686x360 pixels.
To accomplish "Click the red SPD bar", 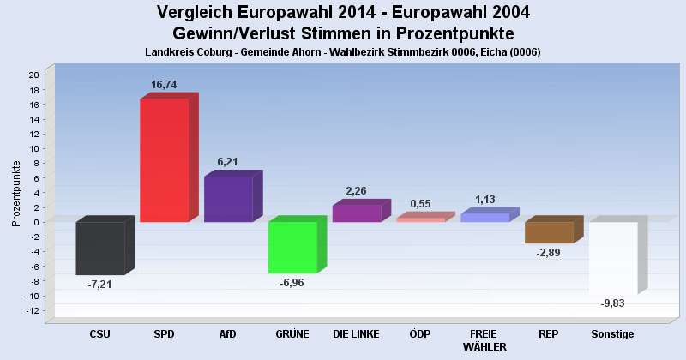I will pos(164,160).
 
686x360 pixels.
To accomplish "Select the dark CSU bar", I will pos(100,248).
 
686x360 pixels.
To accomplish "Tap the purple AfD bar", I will pos(227,199).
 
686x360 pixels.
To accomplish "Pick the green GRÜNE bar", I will pos(292,247).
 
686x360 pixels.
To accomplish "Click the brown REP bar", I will pos(549,232).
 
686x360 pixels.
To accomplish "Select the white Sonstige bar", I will pos(612,258).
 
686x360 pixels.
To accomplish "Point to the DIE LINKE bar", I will pos(356,213).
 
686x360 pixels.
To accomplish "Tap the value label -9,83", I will pos(613,303).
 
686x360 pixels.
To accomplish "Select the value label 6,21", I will pos(229,161).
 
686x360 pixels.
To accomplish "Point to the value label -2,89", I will pos(549,253).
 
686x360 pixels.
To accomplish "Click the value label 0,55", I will pos(420,203).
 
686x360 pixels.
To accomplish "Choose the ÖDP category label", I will pos(420,333).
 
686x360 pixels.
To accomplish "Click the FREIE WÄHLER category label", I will pos(484,339).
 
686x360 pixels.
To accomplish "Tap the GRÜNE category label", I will pos(292,333).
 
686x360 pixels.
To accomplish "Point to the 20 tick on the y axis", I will pos(33,75).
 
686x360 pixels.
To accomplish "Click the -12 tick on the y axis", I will pos(33,310).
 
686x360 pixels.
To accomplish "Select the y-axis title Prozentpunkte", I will pos(16,193).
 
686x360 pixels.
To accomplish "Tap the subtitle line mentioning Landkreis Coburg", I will pos(343,52).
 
